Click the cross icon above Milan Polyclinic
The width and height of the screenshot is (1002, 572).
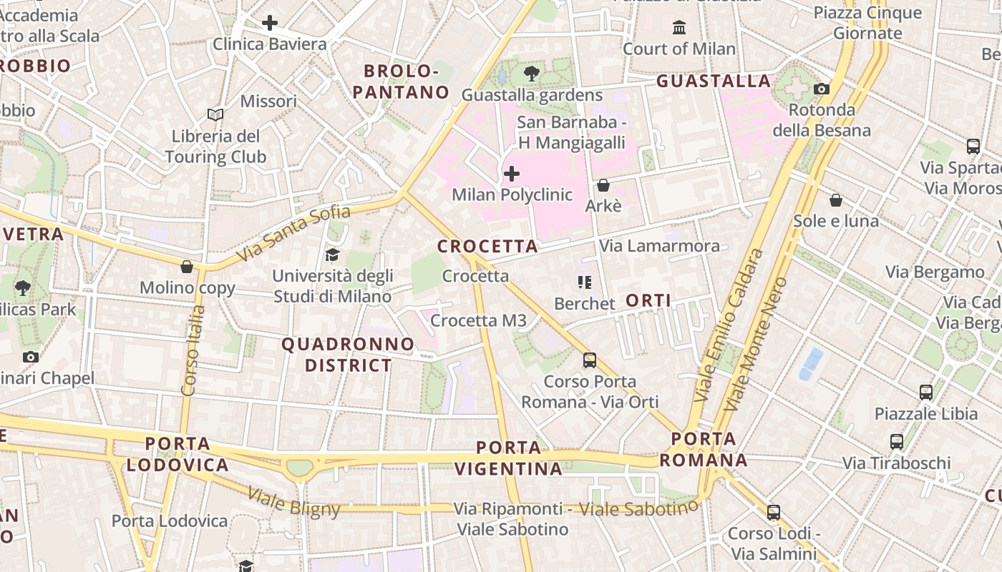[512, 174]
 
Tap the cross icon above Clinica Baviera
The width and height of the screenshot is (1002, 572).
[270, 23]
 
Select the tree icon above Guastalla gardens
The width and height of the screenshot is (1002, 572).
[532, 73]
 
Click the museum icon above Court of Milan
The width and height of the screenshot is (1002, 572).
[679, 28]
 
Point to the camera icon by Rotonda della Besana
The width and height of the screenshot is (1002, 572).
[822, 89]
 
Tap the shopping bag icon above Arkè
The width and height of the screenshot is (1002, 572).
[603, 185]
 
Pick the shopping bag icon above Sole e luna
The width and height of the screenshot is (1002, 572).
[835, 200]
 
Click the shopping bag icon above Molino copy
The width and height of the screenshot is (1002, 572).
[187, 267]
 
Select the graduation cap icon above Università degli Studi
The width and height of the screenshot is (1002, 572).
[333, 255]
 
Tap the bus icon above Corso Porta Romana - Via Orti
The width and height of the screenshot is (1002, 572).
[590, 360]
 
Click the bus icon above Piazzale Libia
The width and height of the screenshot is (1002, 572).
[926, 393]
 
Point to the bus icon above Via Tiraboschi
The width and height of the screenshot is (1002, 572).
[897, 442]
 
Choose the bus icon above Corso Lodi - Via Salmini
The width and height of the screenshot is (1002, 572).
[774, 513]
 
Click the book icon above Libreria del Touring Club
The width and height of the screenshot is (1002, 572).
[215, 114]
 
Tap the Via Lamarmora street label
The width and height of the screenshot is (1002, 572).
[660, 246]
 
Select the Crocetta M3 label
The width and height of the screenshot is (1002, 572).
[479, 321]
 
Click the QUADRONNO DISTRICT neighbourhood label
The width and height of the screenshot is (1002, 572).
[348, 355]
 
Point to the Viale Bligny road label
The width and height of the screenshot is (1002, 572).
[294, 501]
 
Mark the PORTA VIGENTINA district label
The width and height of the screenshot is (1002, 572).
[509, 458]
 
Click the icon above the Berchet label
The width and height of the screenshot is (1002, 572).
[585, 282]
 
